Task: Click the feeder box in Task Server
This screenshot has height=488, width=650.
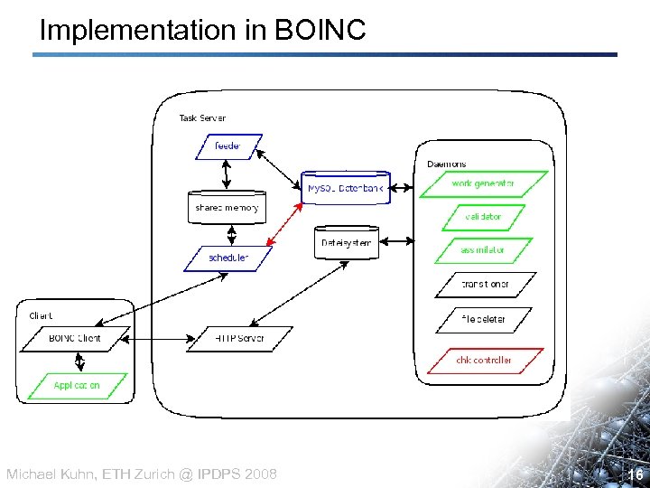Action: click(228, 146)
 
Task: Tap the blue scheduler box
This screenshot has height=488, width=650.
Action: click(228, 258)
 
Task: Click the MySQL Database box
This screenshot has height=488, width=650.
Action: click(346, 188)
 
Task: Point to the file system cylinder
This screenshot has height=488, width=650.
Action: click(347, 243)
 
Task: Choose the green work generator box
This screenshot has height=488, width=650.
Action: click(483, 183)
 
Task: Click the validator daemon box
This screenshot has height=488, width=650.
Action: click(483, 217)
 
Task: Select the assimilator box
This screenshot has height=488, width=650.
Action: click(483, 250)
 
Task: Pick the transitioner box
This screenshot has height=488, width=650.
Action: click(485, 284)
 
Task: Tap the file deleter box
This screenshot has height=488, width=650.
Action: click(483, 319)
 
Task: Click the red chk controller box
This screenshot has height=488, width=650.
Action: click(483, 360)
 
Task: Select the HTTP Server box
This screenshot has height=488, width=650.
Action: click(239, 339)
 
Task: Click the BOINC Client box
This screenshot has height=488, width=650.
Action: click(76, 339)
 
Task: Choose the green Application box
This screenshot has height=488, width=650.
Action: click(77, 385)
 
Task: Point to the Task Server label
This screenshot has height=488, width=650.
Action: click(202, 117)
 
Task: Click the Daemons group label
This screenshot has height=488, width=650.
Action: click(447, 164)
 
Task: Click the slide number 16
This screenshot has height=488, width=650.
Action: click(634, 474)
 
